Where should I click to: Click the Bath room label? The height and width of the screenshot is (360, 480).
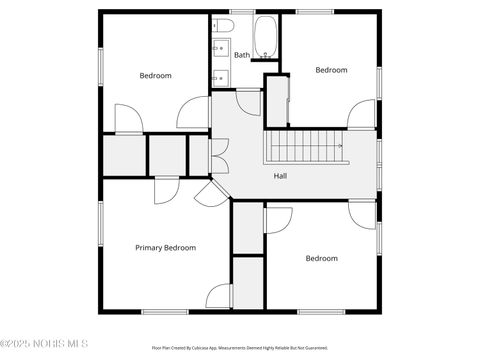point(242,55)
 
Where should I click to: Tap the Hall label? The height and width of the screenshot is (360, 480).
point(282,176)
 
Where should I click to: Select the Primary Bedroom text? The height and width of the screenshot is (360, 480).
point(165,247)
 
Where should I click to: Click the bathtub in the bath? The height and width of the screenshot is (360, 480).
point(265,38)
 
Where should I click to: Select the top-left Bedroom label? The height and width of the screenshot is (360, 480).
point(155,76)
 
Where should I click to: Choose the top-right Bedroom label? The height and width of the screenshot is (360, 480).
point(331,70)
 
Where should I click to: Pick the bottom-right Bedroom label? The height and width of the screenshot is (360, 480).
point(321,258)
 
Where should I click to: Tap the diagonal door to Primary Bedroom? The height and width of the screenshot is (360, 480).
point(210,192)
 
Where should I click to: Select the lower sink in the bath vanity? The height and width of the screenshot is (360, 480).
point(218,75)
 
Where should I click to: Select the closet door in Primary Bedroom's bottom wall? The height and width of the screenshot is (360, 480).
point(219,297)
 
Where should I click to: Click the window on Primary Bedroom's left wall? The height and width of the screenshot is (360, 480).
point(99,225)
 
